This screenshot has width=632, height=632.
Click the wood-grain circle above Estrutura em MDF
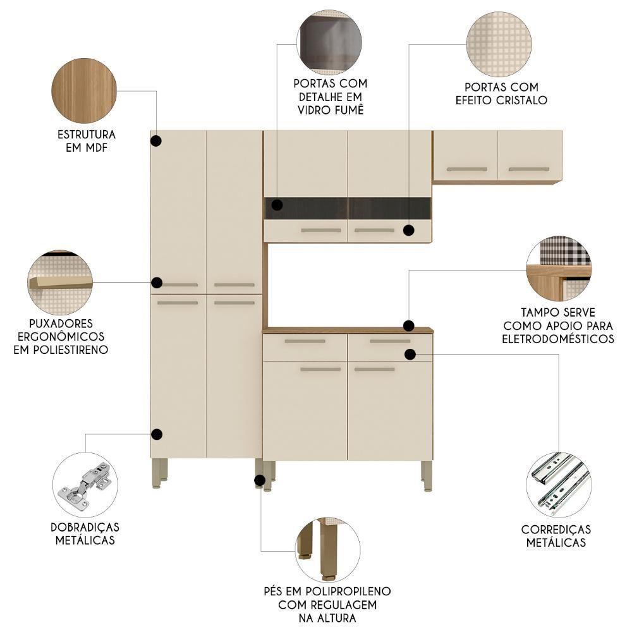pyautogui.click(x=83, y=90)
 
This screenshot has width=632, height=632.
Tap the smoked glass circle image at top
pyautogui.click(x=329, y=42)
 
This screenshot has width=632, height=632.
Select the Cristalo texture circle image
pyautogui.click(x=498, y=44)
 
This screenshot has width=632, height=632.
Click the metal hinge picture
pyautogui.click(x=85, y=485)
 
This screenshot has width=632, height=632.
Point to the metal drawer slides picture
pyautogui.click(x=558, y=484)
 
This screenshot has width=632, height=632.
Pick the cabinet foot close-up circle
pyautogui.click(x=327, y=549)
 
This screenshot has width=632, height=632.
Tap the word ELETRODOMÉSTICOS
pyautogui.click(x=558, y=339)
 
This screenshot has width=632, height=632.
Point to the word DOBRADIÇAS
pyautogui.click(x=85, y=526)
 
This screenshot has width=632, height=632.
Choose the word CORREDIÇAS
pyautogui.click(x=556, y=529)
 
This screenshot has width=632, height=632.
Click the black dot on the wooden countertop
pyautogui.click(x=409, y=326)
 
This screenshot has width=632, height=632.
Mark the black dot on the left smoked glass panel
pyautogui.click(x=276, y=204)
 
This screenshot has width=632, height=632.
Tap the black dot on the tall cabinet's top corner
pyautogui.click(x=156, y=141)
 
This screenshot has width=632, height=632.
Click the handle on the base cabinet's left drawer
pyautogui.click(x=305, y=341)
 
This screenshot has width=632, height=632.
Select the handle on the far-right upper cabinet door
pyautogui.click(x=529, y=169)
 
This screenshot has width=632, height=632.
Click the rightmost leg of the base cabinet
pyautogui.click(x=427, y=475)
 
